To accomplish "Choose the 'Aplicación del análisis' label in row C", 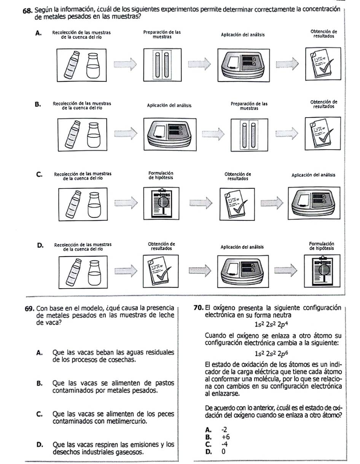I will pyautogui.click(x=314, y=175).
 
